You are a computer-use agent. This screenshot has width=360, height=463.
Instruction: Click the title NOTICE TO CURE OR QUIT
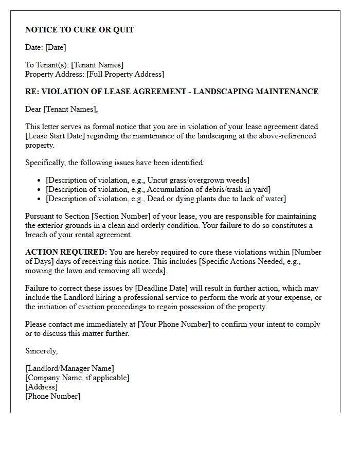pos(79,30)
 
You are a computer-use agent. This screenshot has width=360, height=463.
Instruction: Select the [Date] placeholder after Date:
pos(56,47)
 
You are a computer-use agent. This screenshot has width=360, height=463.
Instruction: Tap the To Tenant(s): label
pos(47,65)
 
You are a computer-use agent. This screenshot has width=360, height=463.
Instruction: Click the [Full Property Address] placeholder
pos(125,74)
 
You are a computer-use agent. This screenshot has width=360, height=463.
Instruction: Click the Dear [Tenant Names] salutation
pos(61,109)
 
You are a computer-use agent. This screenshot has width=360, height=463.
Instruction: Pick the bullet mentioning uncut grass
pos(147,180)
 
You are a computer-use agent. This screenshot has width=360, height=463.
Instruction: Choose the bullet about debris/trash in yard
pos(158,189)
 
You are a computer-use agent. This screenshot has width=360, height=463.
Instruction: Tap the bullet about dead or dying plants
pos(166,199)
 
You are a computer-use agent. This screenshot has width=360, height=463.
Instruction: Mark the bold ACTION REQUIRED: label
pos(66,252)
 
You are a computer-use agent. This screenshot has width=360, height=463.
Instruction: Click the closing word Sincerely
pos(42,351)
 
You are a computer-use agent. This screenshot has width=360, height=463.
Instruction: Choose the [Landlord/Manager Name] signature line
pos(69,368)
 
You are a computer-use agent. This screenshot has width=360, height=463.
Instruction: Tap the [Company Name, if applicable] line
pos(77,378)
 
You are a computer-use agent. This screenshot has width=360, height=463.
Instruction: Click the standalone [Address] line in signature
pos(41,387)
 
